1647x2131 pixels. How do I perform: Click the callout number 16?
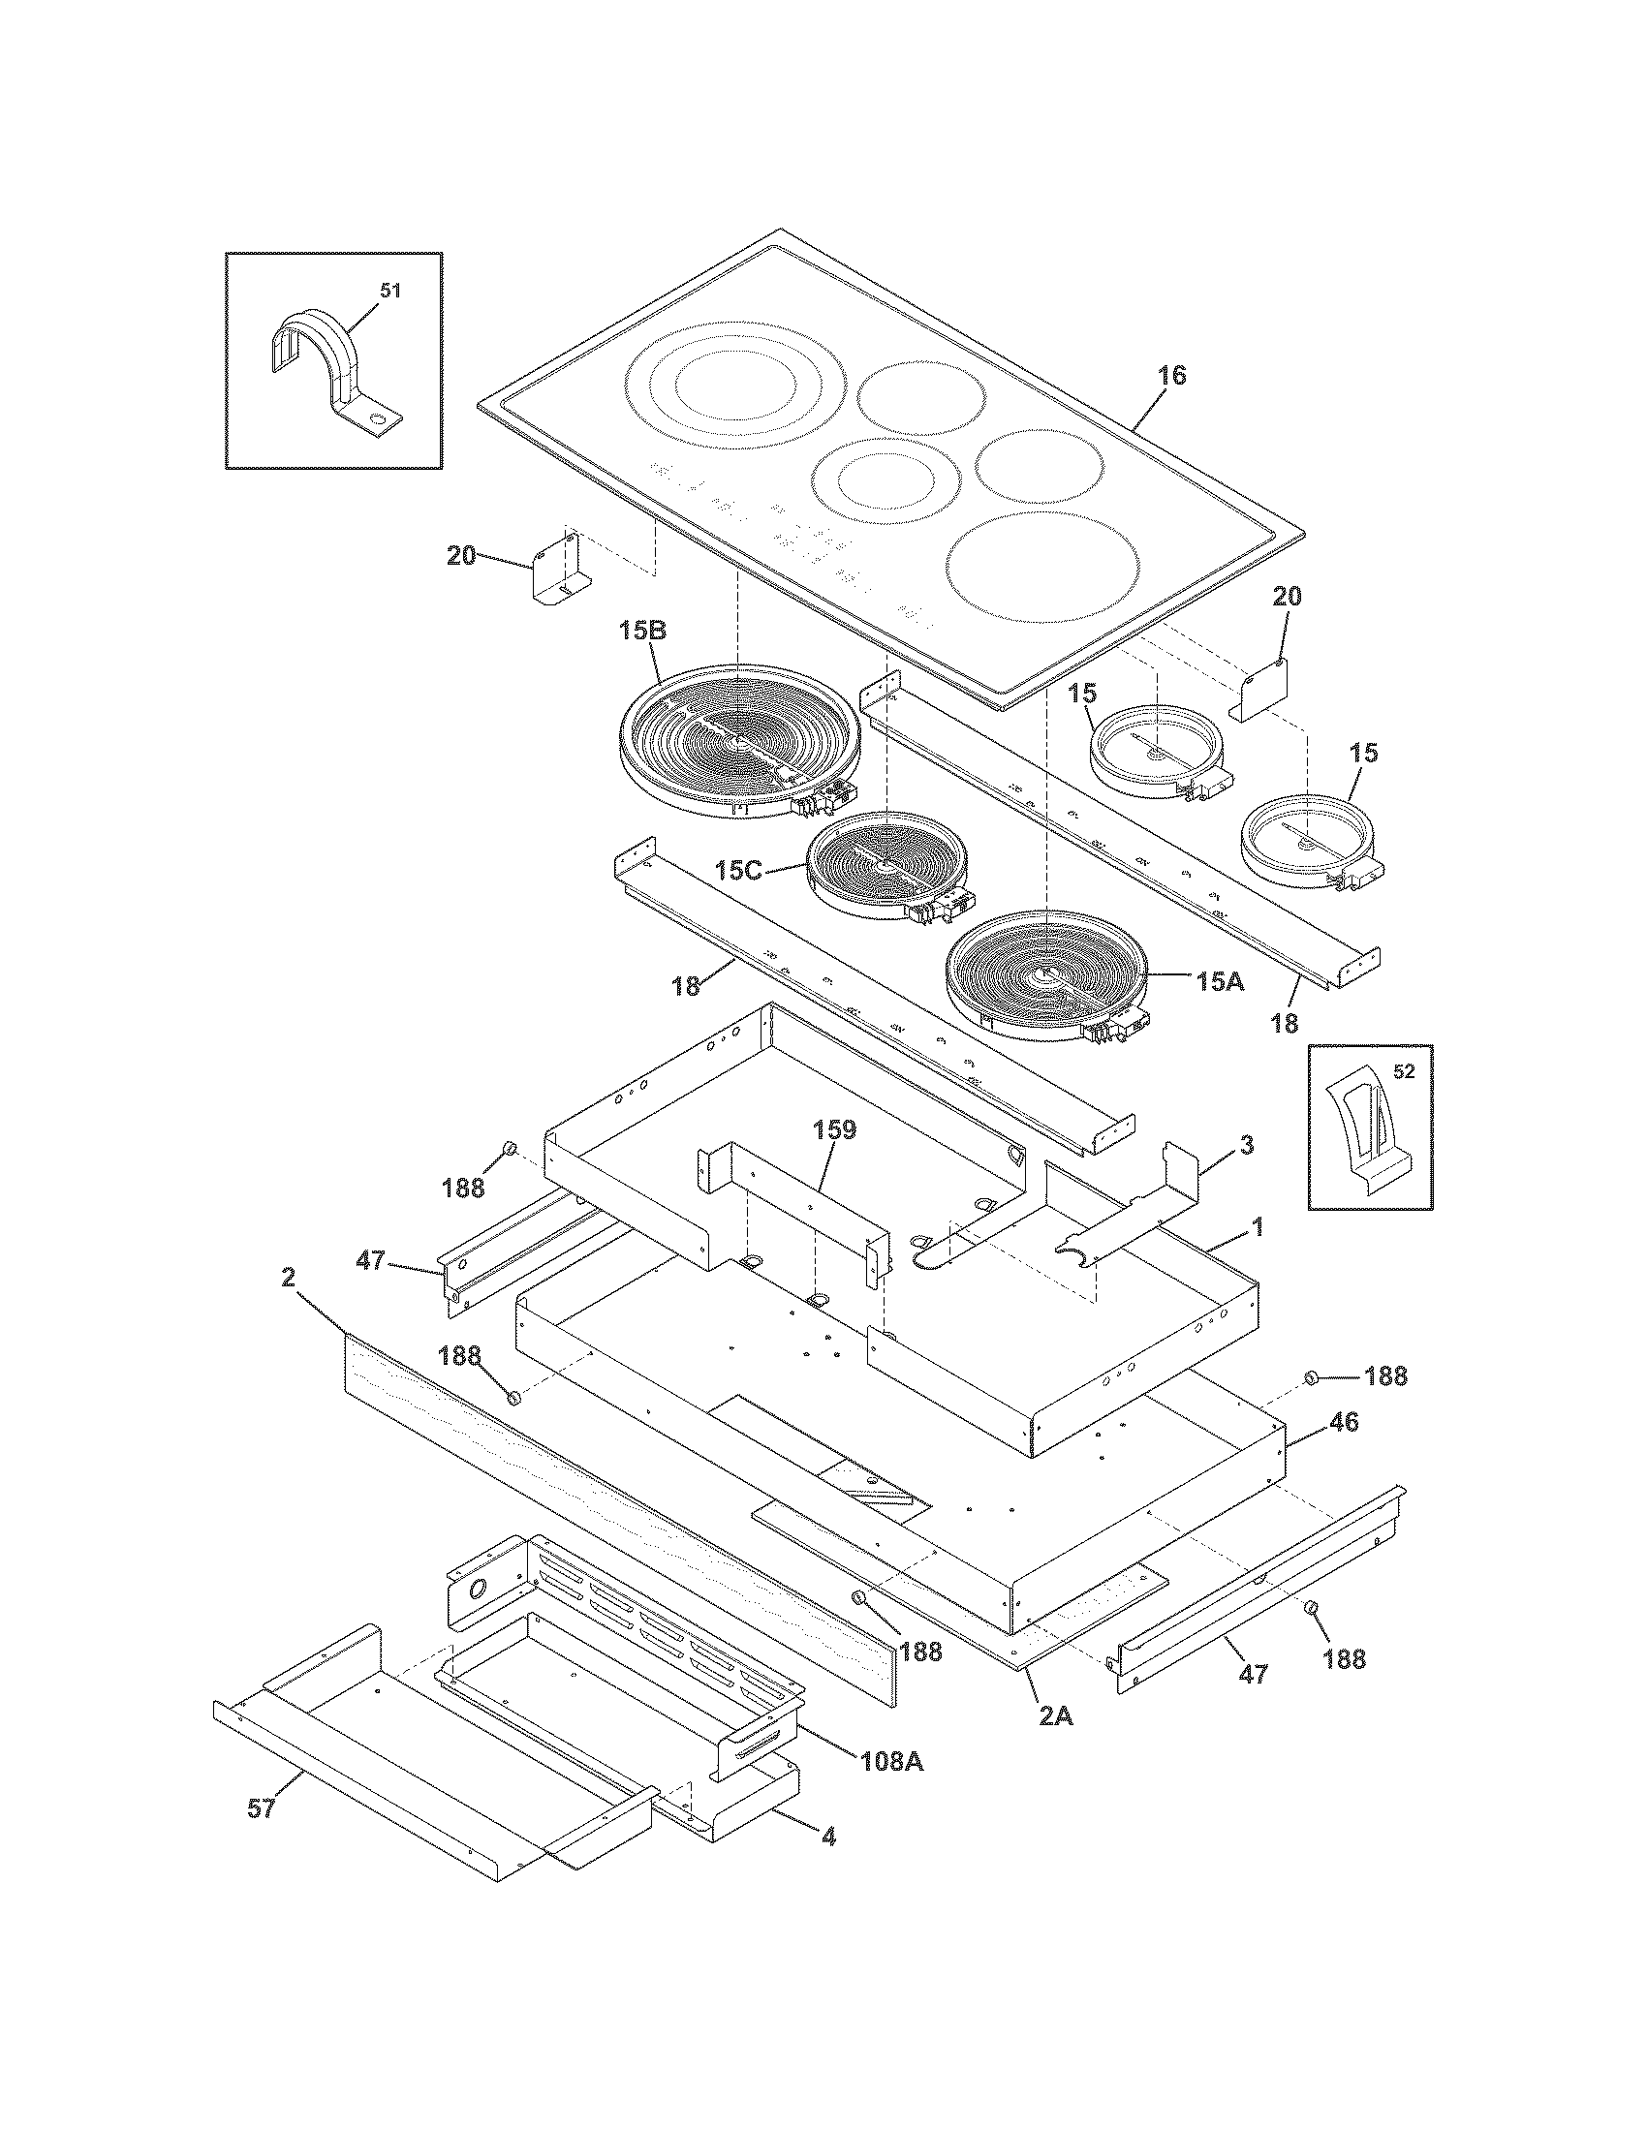(1172, 376)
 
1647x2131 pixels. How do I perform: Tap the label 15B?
(643, 632)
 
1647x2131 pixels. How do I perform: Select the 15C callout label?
(738, 870)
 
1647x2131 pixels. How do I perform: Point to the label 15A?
(1220, 981)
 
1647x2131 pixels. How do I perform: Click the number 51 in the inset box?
(389, 291)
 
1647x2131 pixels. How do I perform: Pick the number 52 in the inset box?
(1403, 1072)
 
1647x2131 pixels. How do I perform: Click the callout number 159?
(835, 1129)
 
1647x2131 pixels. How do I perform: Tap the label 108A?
(891, 1761)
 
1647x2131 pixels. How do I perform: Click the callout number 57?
(261, 1808)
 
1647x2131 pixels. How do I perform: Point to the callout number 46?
(1344, 1422)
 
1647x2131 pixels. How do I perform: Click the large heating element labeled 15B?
(738, 742)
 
